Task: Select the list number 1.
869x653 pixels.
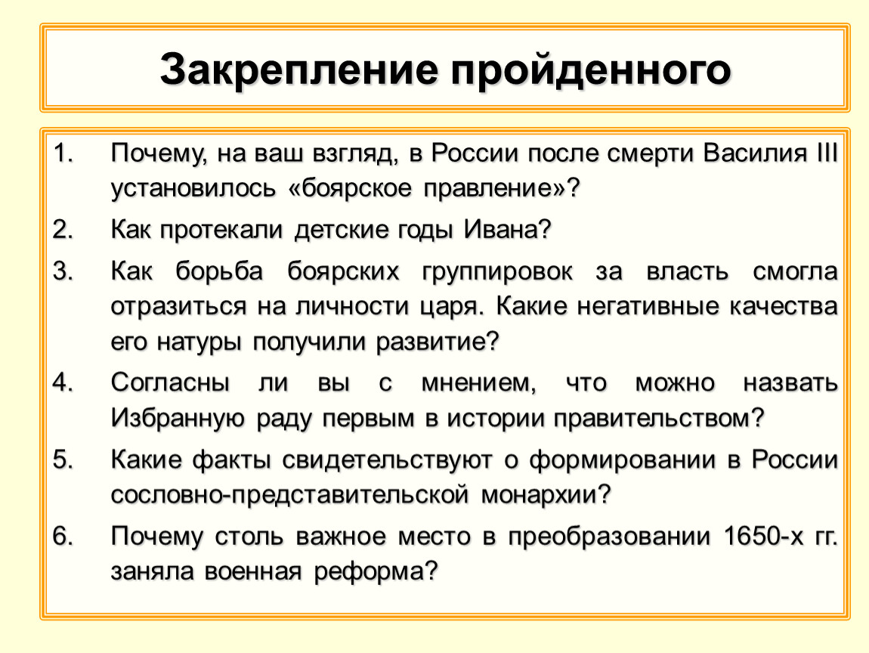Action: [60, 156]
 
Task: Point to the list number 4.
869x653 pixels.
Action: [60, 382]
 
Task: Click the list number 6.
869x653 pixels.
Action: [60, 536]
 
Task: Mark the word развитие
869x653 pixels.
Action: [438, 342]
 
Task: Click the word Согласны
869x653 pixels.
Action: [171, 382]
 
